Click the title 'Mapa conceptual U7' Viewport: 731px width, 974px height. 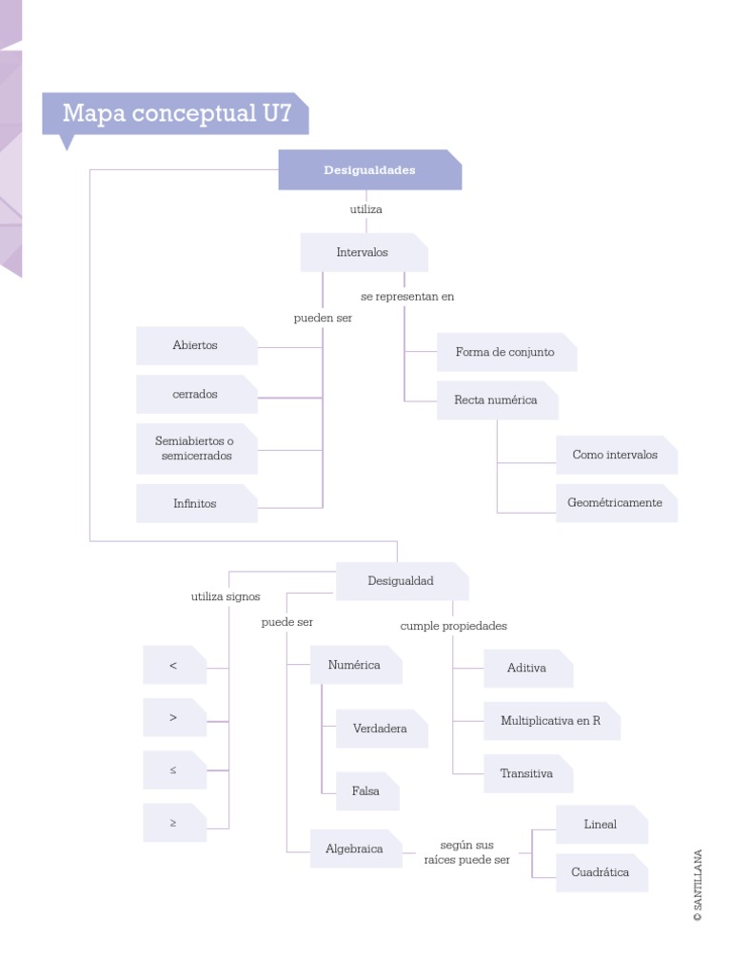176,114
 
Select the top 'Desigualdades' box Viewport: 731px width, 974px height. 369,170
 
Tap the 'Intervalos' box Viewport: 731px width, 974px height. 364,253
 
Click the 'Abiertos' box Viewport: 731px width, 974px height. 196,346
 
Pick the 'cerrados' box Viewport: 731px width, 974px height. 196,395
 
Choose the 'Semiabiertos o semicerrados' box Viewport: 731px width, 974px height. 196,449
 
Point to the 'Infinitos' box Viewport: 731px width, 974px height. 196,504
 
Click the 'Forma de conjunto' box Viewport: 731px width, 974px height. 505,353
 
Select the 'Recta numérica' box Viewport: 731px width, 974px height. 496,400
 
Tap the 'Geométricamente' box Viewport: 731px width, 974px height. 615,503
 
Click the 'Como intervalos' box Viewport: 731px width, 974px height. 615,456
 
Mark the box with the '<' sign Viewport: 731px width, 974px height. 174,666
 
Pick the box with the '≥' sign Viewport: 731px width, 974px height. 174,823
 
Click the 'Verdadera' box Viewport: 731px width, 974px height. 381,730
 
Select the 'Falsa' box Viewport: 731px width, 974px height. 366,791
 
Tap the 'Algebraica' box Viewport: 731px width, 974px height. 355,849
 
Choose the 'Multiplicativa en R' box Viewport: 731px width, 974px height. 551,721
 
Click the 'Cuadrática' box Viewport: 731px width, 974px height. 601,873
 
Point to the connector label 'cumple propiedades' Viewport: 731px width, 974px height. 453,627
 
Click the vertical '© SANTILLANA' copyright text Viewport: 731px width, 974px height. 699,886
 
